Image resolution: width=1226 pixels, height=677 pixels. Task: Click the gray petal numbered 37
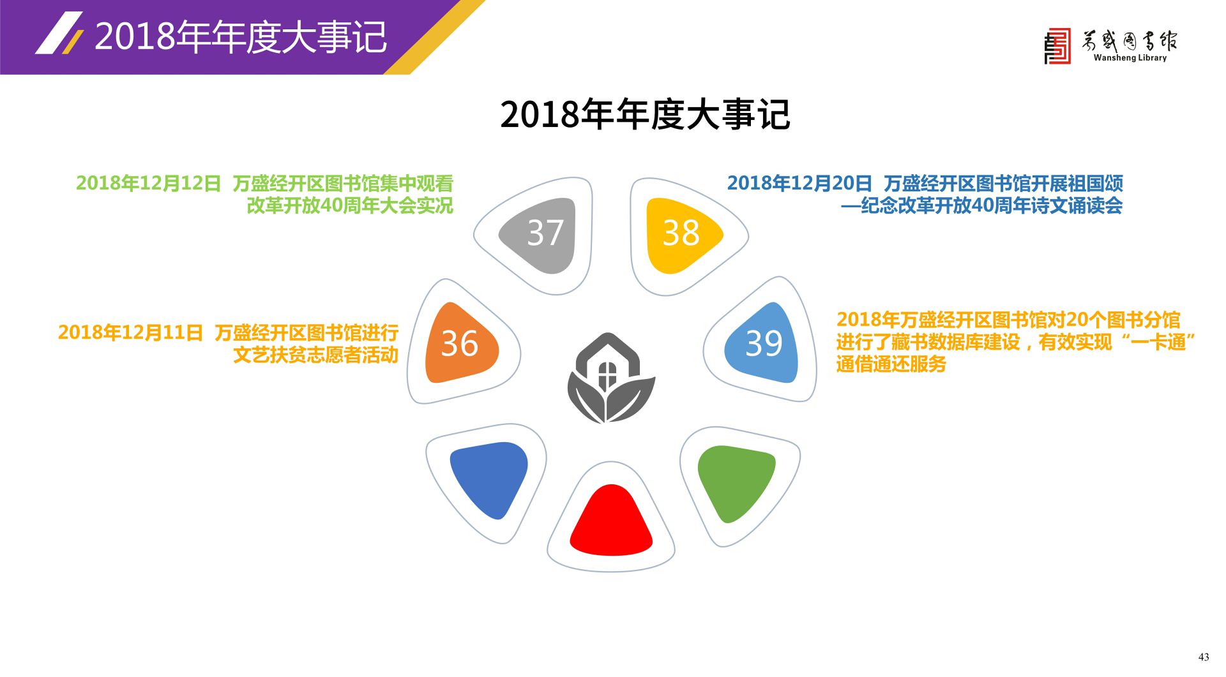(541, 235)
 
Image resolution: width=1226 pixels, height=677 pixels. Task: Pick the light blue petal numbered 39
(762, 343)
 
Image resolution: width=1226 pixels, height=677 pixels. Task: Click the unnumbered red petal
(611, 522)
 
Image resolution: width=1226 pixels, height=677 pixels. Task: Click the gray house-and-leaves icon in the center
(611, 378)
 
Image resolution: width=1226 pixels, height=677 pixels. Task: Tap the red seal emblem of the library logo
(1057, 46)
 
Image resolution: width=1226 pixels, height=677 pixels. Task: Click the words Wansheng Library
(1130, 57)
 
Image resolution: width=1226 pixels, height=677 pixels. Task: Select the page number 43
(1204, 657)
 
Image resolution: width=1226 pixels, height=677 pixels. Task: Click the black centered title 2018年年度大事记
(645, 115)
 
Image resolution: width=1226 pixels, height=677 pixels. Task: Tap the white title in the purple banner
(241, 36)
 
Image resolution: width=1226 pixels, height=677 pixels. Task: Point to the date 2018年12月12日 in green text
(148, 183)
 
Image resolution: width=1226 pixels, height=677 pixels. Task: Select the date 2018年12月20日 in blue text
(799, 183)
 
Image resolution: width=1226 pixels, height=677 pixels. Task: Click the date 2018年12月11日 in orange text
(130, 332)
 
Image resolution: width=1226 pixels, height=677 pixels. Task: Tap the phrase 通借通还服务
(891, 364)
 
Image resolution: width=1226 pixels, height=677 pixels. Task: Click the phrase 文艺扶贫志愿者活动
(316, 355)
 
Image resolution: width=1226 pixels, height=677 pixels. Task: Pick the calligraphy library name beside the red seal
(1130, 40)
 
